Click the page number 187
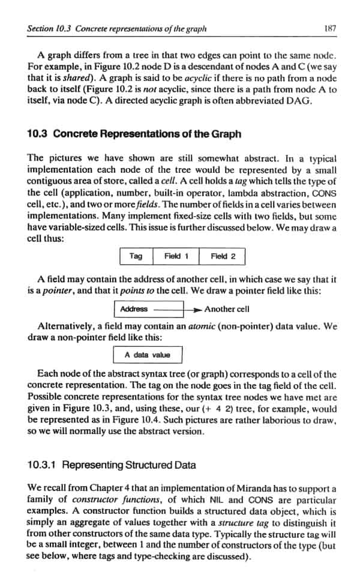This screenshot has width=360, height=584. [329, 28]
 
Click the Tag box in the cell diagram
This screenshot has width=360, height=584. [136, 256]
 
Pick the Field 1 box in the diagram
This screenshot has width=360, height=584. [176, 256]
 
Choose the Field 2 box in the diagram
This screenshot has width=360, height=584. [223, 256]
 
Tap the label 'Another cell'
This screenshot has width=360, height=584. [227, 309]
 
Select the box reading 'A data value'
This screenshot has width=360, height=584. [148, 355]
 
